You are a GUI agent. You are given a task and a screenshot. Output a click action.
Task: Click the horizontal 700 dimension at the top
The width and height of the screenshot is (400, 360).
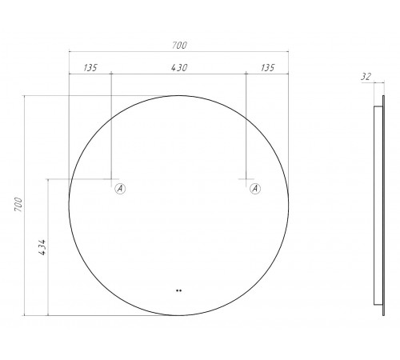(x=179, y=46)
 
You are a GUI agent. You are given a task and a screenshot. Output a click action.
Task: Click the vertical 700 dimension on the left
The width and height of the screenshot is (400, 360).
(x=18, y=204)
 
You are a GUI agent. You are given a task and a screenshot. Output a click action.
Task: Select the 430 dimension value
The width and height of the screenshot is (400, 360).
(x=179, y=68)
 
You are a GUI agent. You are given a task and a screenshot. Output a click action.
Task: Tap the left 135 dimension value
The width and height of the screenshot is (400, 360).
(x=90, y=68)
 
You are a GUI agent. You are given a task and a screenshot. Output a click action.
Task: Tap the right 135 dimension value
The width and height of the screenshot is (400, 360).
(x=267, y=68)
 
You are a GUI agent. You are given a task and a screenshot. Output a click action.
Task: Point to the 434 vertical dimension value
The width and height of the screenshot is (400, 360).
(x=42, y=247)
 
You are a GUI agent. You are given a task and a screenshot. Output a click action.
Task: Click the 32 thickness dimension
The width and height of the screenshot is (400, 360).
(x=366, y=77)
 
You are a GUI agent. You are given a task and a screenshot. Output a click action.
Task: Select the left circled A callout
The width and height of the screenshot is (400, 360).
(x=120, y=189)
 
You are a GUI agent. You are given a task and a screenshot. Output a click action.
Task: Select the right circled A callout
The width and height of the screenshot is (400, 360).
(x=255, y=189)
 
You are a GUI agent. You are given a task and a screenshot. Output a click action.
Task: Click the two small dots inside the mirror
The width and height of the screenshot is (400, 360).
(x=178, y=290)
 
